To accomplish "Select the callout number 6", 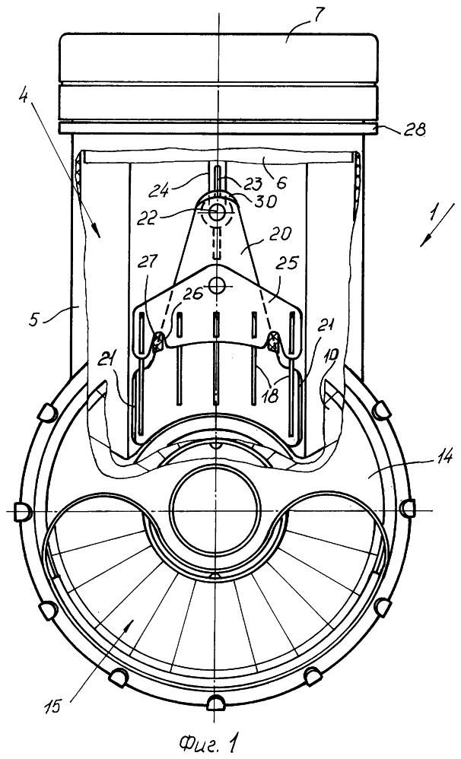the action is coord(281,183).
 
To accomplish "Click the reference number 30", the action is coord(267,200).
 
